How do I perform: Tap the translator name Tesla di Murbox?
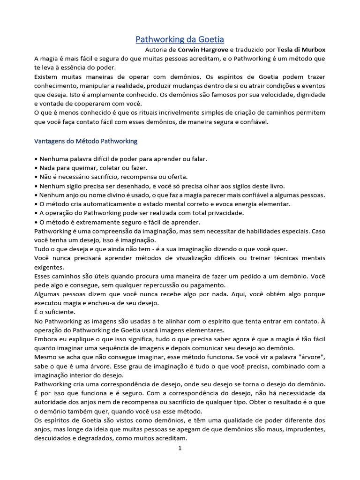[x=301, y=50]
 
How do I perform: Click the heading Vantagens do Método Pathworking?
[x=86, y=141]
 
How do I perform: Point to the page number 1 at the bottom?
[x=180, y=449]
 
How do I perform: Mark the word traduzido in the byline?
[x=255, y=50]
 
